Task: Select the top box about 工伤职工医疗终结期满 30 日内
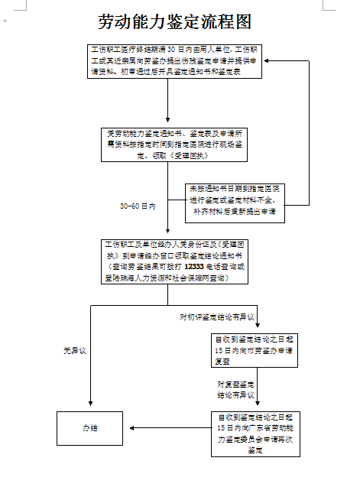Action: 177,60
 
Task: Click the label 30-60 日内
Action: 138,206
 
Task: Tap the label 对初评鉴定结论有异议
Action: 216,316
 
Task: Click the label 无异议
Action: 74,351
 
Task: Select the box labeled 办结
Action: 90,428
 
